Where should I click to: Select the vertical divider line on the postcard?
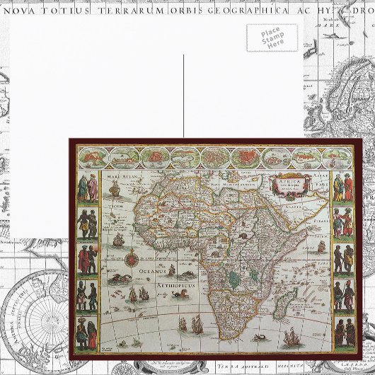tap(183, 96)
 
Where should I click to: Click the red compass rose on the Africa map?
tap(129, 258)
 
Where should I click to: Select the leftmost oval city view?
tap(93, 156)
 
